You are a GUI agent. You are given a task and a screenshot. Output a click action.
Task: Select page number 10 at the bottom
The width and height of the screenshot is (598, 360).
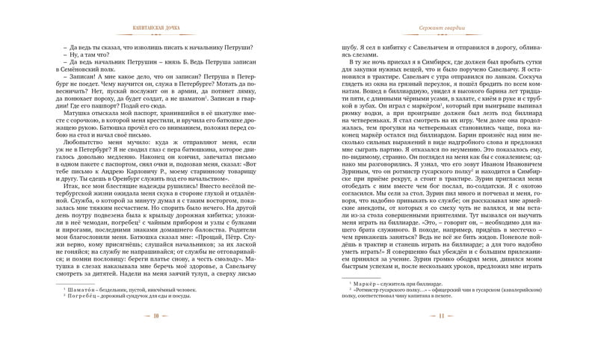pyautogui.click(x=155, y=337)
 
